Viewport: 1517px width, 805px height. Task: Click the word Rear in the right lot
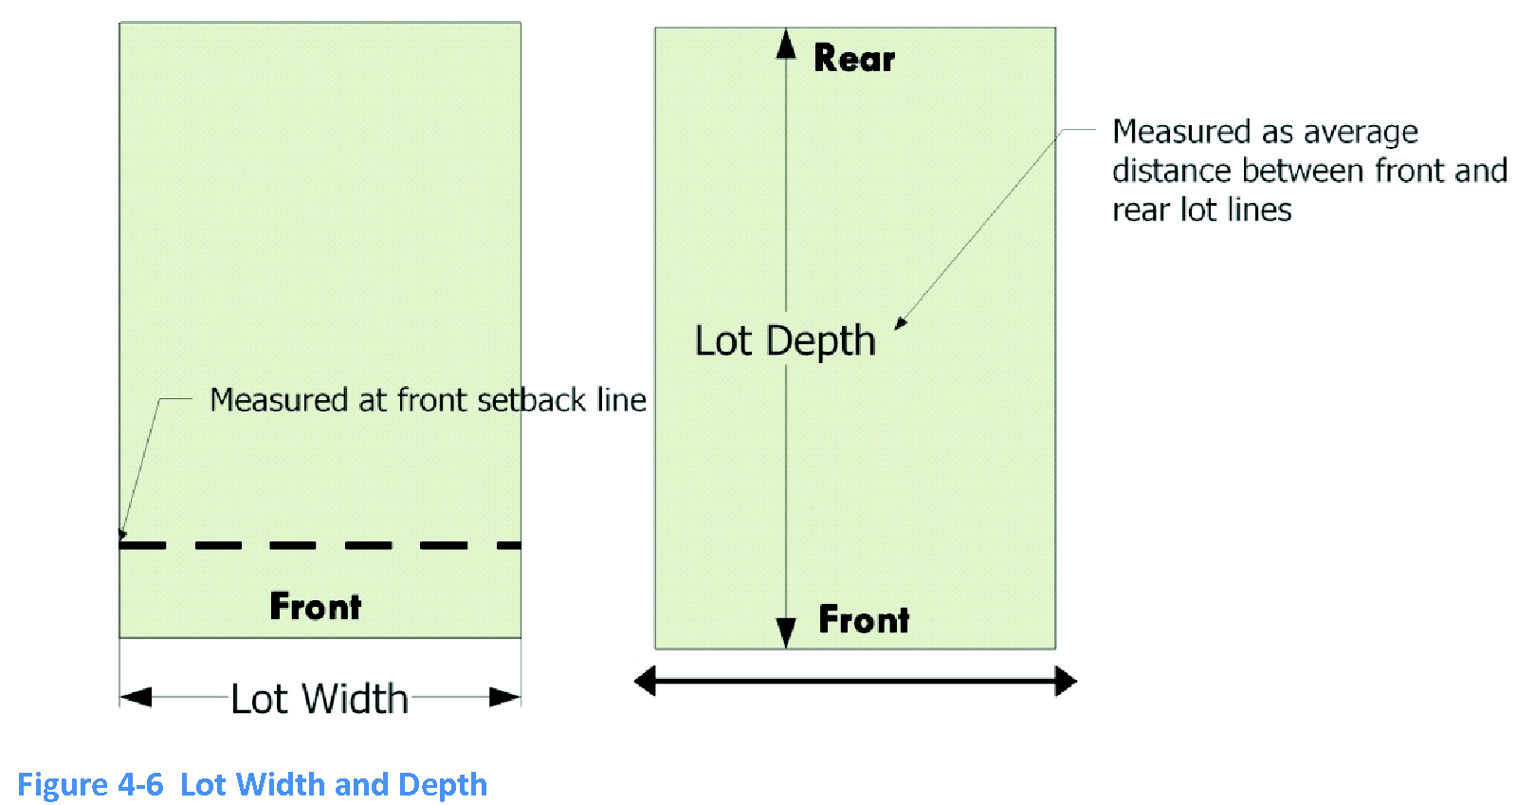853,59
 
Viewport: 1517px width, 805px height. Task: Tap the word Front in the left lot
315,607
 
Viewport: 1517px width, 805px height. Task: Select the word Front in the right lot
864,620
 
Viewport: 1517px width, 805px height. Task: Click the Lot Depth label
785,341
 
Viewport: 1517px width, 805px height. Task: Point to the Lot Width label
320,699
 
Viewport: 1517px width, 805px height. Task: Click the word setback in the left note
532,400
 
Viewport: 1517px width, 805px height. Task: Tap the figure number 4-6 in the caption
140,785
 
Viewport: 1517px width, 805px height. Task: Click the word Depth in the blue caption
443,786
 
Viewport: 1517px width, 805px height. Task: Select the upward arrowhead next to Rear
786,44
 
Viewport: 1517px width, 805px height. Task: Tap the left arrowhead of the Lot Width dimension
136,698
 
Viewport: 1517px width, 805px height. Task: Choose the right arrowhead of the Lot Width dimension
504,698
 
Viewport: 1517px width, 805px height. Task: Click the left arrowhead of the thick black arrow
646,681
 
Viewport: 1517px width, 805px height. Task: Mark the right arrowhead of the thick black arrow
1066,681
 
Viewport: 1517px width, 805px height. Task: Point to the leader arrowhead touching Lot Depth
901,323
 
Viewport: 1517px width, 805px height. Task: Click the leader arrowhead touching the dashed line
121,534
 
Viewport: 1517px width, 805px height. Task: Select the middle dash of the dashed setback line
293,546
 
